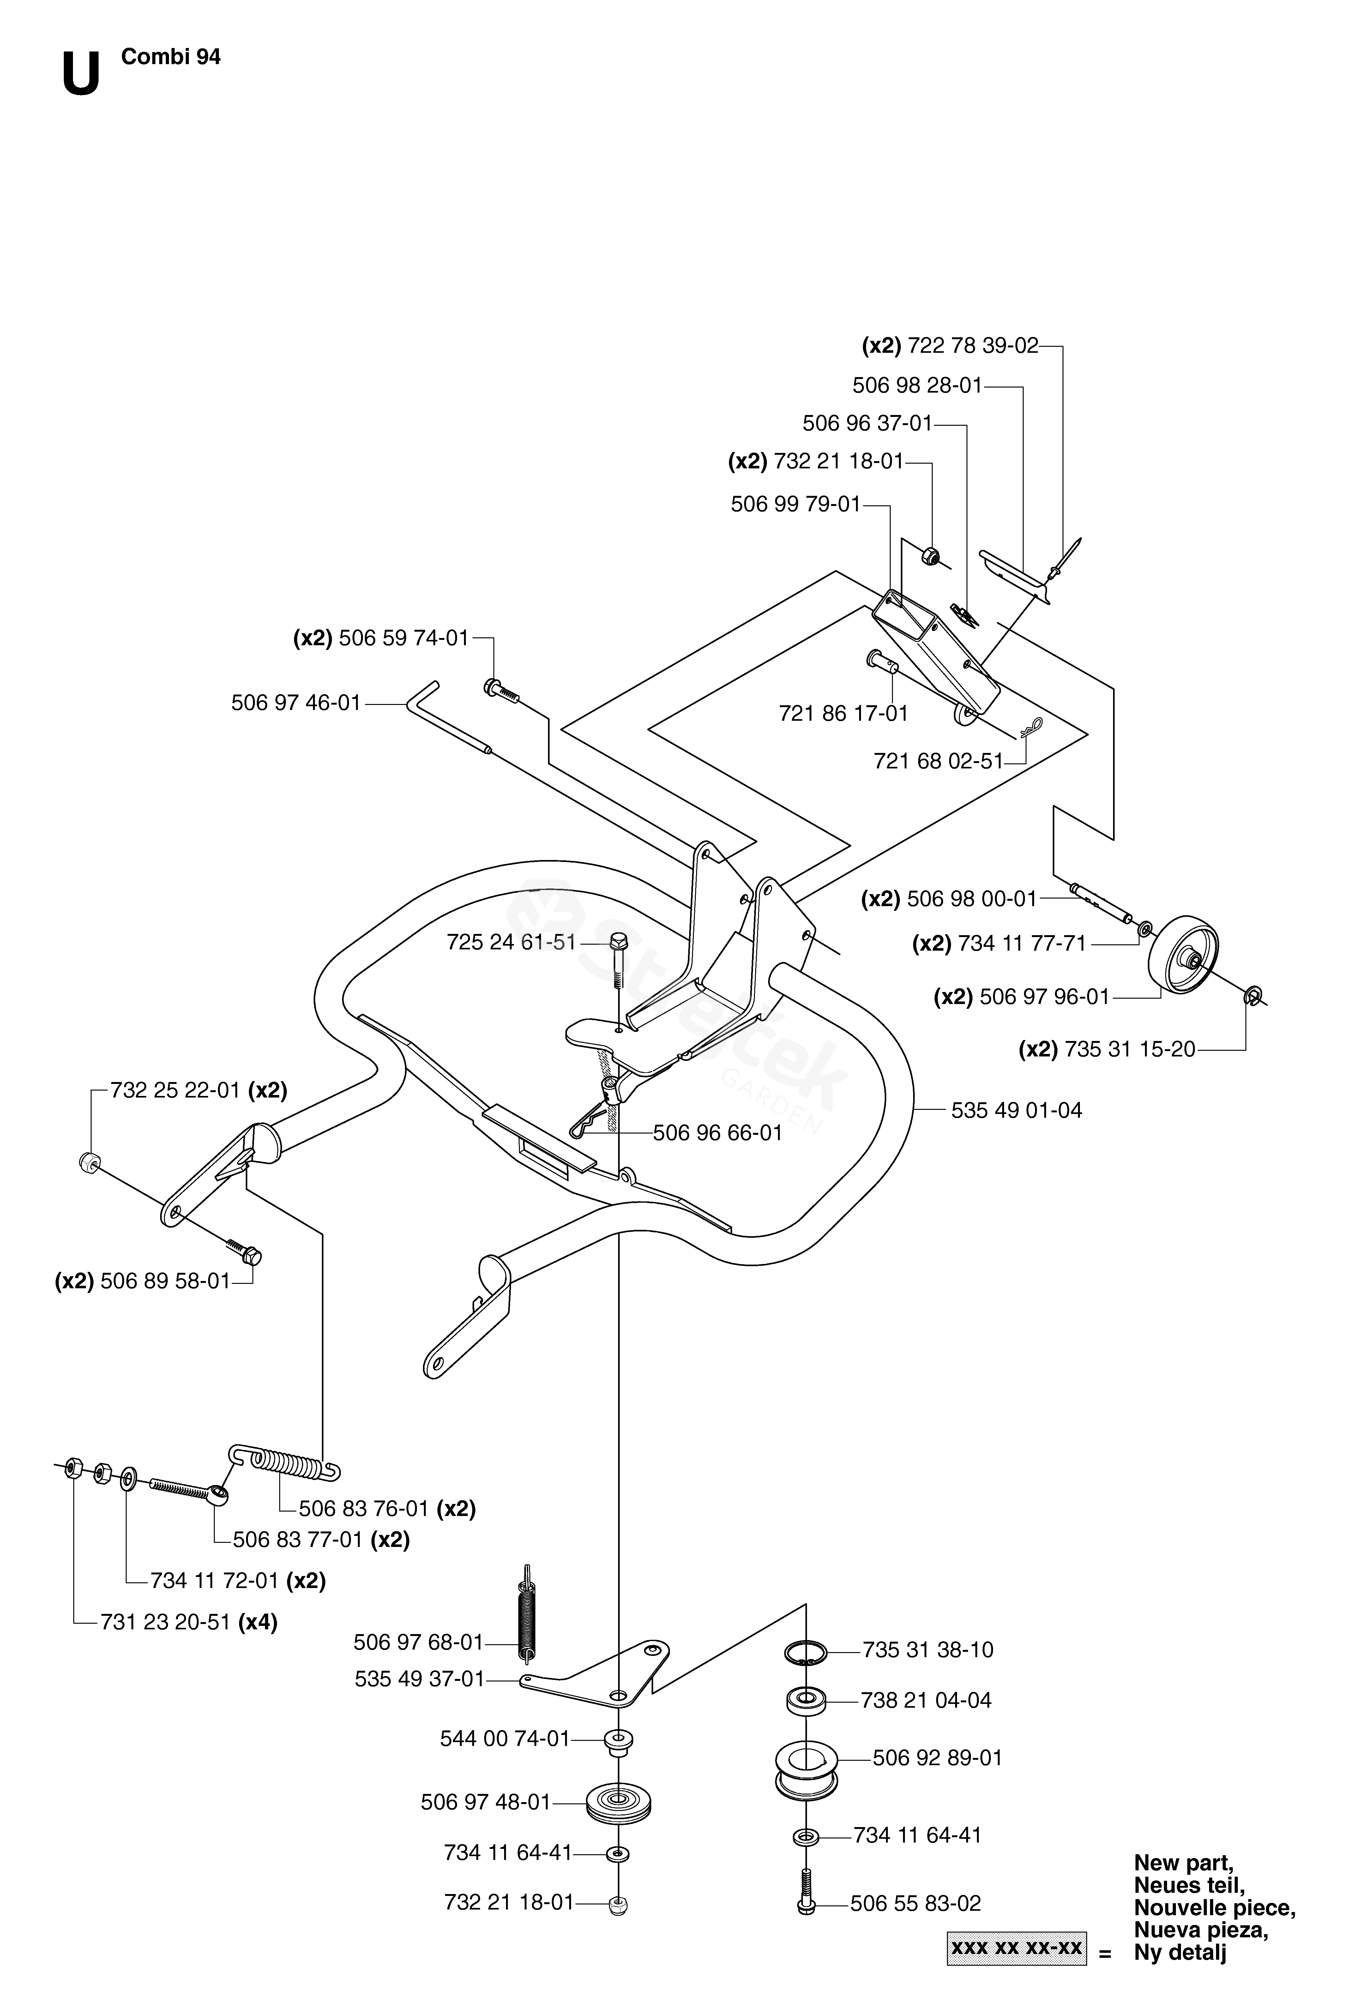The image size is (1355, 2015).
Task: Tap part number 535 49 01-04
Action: (x=1016, y=1110)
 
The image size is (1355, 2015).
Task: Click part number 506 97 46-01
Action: (x=296, y=703)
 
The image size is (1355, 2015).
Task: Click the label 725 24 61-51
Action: (x=511, y=942)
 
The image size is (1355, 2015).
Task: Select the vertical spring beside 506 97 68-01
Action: (x=525, y=1615)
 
